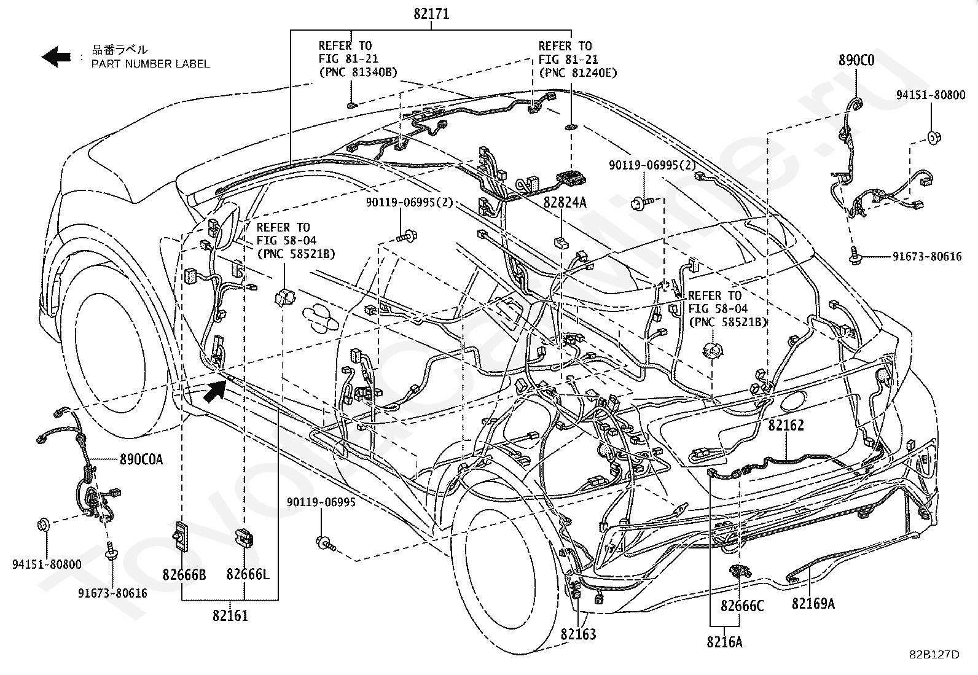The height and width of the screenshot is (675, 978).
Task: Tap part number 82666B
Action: [184, 575]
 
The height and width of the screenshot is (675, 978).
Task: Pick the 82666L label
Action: [248, 575]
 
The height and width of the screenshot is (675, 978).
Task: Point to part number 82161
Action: [230, 615]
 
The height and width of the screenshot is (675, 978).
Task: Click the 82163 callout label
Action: [577, 634]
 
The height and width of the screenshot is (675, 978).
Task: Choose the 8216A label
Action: [724, 642]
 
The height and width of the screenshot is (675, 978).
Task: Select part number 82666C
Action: [742, 606]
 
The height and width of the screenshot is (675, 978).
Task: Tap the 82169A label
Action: [813, 604]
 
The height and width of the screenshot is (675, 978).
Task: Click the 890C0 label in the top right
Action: [856, 60]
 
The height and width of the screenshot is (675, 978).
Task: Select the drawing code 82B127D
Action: [934, 654]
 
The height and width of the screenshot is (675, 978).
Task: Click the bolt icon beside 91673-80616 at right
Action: [856, 256]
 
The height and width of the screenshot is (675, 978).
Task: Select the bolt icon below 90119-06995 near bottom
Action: [324, 542]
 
